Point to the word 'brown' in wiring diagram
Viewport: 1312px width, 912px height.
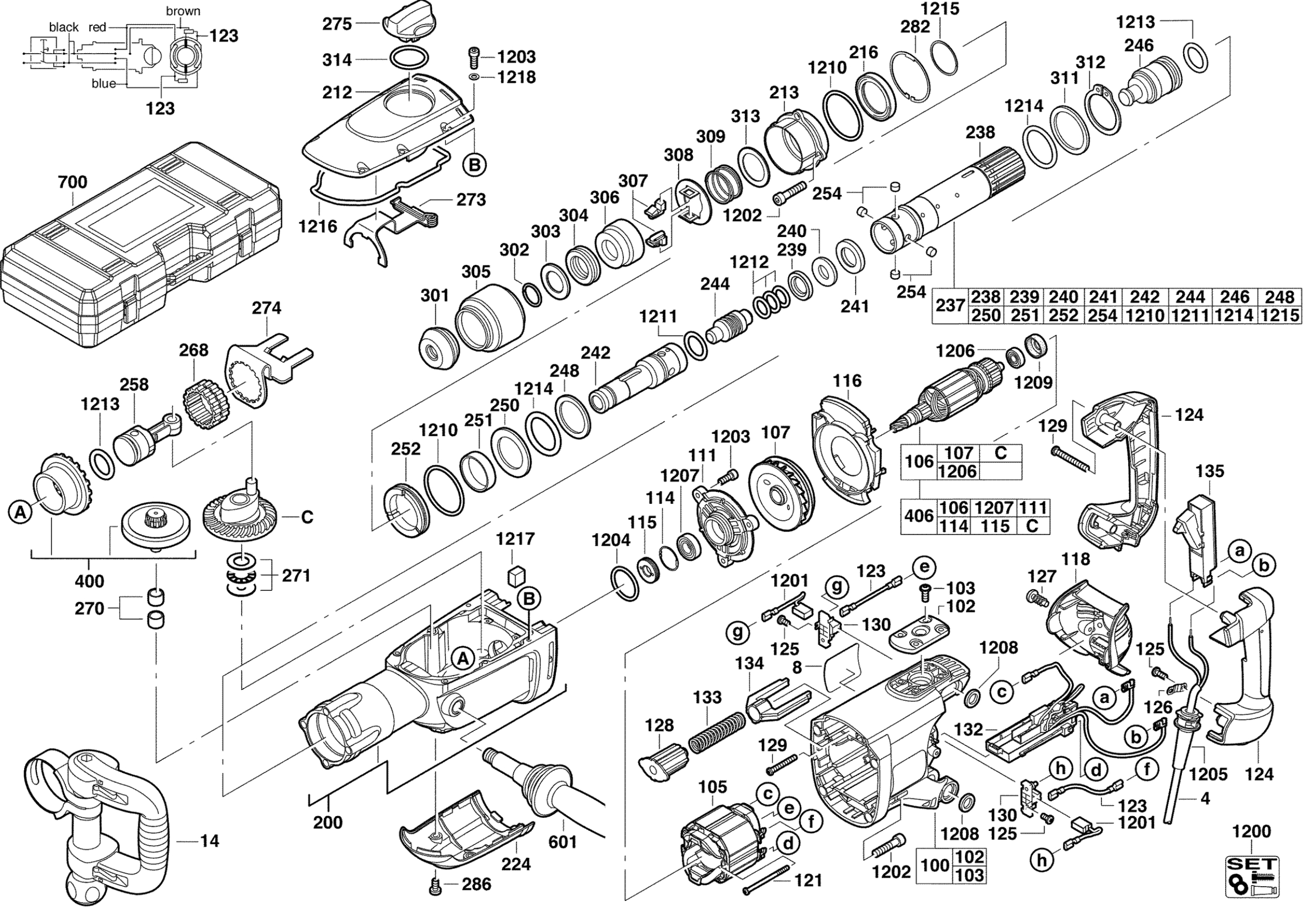(x=183, y=11)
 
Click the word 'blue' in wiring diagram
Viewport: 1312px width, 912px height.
(x=103, y=83)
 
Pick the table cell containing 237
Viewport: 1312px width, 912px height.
(x=950, y=306)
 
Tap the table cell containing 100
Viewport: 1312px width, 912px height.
(x=935, y=865)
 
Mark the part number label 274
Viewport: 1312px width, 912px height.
(x=266, y=308)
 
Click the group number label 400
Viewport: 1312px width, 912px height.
(x=90, y=581)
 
